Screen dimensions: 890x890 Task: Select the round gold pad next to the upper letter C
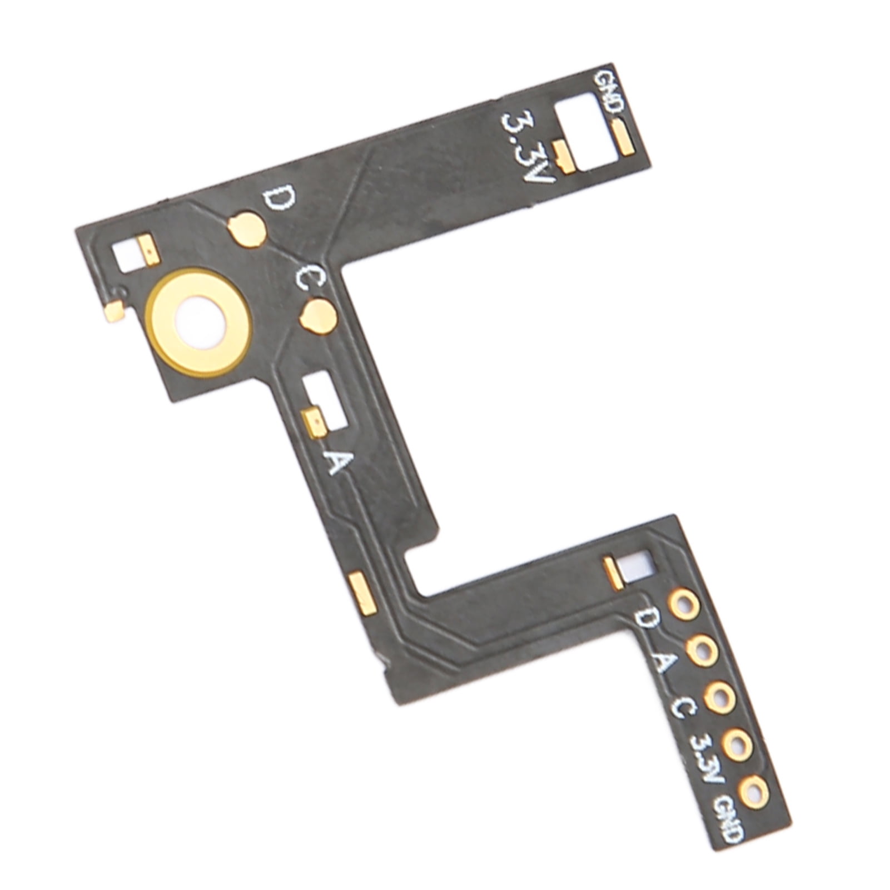pos(317,317)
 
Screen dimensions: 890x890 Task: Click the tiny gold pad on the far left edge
pos(115,312)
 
